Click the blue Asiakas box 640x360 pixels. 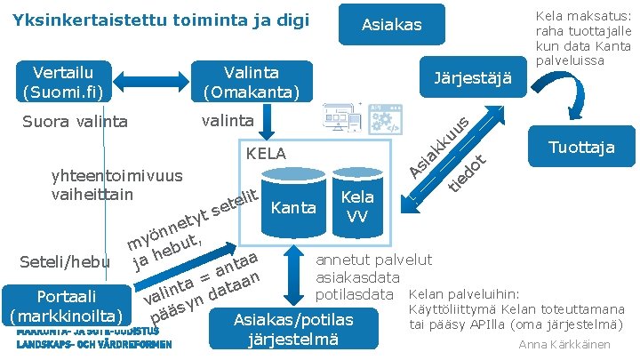[391, 25]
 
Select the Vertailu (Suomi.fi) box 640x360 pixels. [64, 82]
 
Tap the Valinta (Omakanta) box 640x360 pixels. [252, 82]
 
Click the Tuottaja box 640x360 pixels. [581, 148]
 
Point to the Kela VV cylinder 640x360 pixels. [356, 204]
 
